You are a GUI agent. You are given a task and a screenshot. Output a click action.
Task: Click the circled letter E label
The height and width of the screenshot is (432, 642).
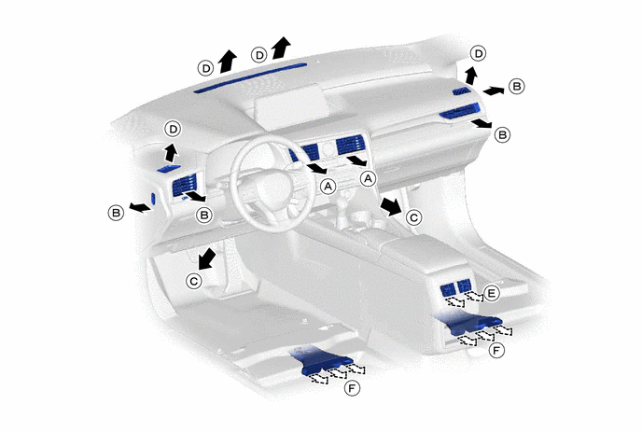[492, 293]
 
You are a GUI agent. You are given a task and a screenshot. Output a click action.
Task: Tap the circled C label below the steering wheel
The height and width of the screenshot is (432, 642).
[194, 281]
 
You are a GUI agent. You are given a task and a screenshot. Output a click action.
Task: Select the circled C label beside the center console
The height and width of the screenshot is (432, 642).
[413, 217]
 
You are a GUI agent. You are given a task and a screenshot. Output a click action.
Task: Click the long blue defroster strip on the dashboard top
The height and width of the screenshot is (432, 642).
[250, 77]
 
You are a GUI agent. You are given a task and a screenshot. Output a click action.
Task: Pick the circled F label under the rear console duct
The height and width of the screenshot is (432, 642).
[496, 351]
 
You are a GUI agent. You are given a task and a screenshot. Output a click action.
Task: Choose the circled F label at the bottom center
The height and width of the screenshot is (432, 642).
[352, 387]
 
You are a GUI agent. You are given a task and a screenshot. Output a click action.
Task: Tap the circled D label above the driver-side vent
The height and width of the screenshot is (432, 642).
[174, 130]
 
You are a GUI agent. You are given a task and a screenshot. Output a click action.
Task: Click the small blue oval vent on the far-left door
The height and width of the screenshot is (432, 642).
[154, 199]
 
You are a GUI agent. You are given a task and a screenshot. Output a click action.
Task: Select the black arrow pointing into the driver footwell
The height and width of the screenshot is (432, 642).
[208, 258]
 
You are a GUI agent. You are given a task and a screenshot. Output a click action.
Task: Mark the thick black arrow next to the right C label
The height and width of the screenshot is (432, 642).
[391, 206]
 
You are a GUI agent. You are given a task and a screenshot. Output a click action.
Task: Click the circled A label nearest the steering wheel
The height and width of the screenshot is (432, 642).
[328, 187]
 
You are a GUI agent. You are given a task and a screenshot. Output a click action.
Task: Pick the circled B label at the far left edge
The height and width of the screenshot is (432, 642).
[116, 213]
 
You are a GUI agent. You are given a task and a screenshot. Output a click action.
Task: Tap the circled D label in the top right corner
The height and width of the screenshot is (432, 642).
[478, 53]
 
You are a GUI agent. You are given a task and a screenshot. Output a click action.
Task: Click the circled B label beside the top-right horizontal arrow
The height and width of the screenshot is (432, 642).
[516, 87]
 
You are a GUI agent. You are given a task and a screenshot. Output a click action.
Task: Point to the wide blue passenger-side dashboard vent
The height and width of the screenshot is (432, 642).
[459, 111]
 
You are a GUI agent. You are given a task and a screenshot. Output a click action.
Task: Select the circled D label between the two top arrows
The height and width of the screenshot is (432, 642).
[258, 55]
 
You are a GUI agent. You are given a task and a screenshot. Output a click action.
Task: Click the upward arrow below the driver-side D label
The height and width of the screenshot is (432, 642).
[171, 153]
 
